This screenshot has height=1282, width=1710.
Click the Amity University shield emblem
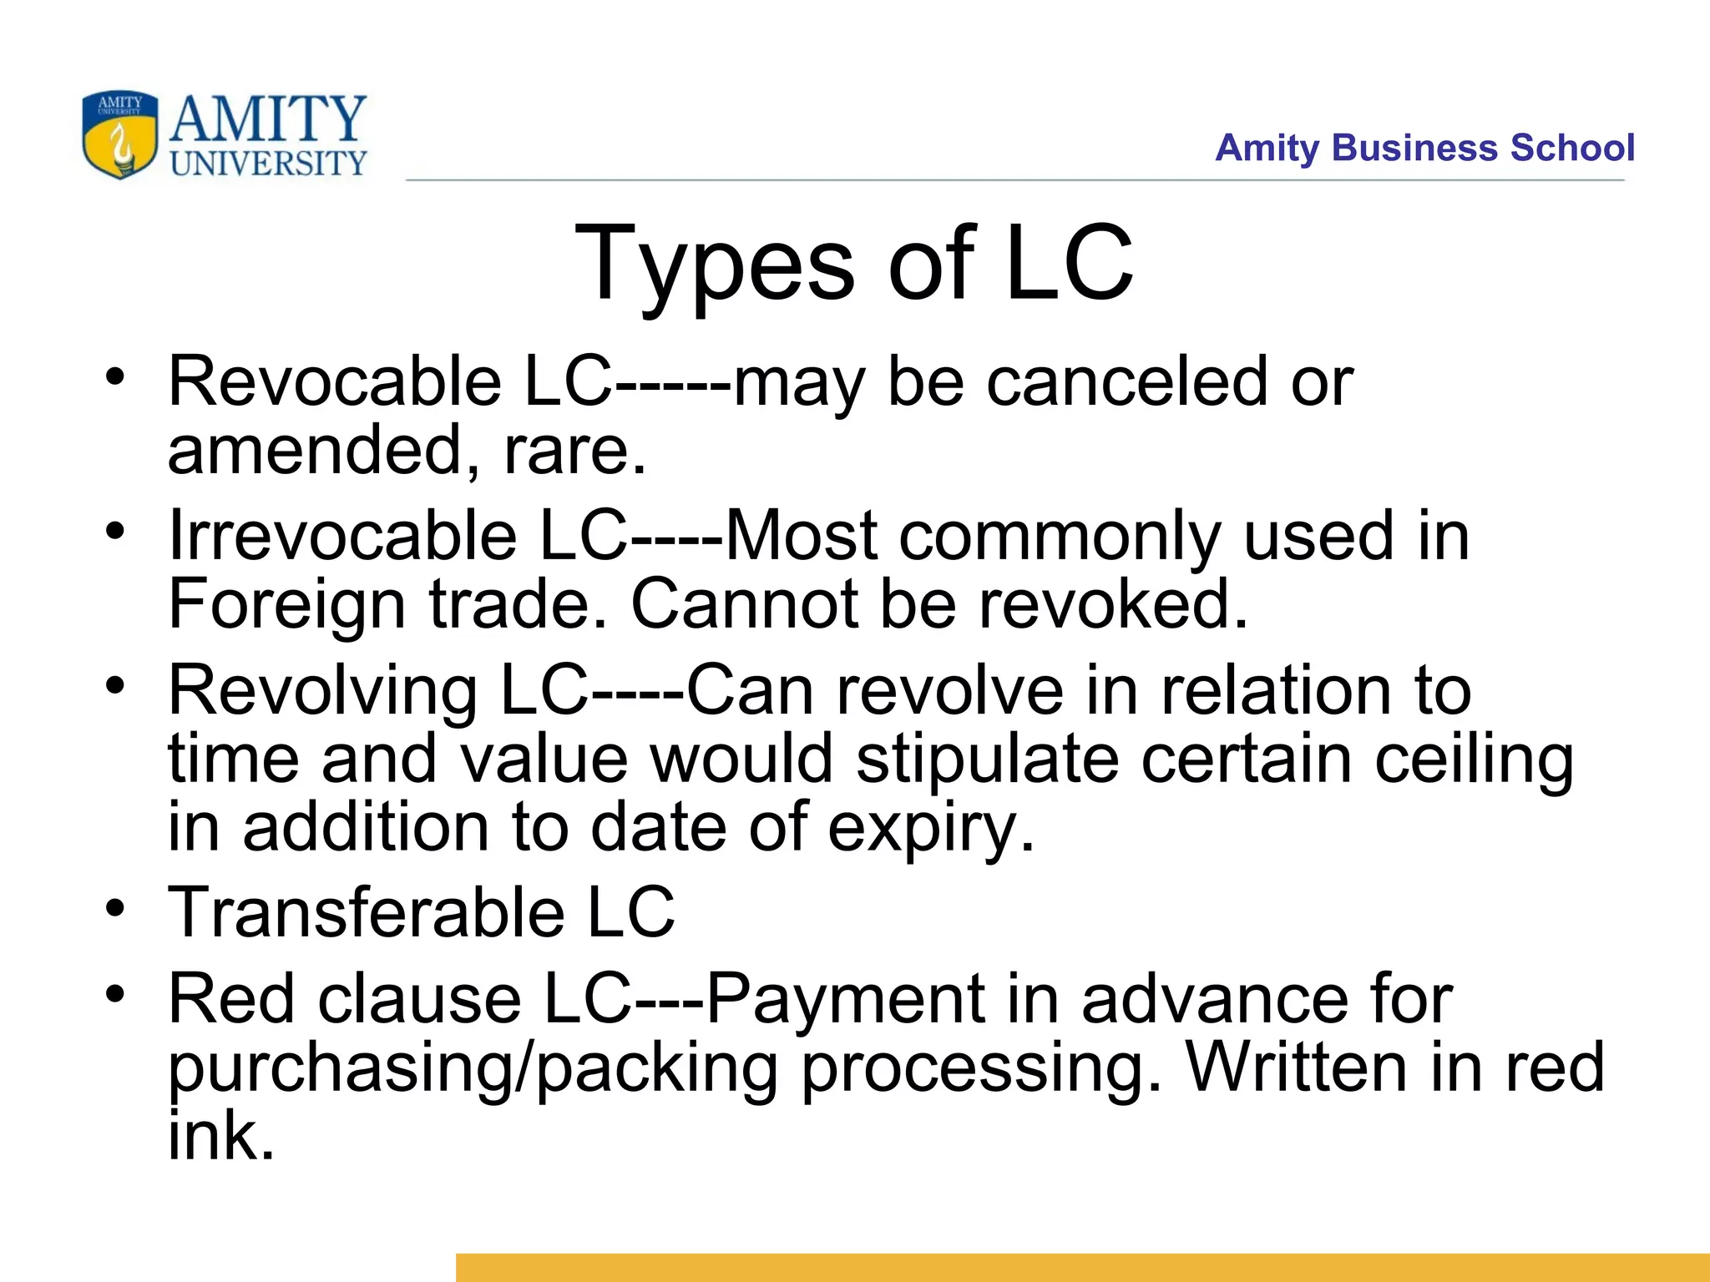coord(120,134)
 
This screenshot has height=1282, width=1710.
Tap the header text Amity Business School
coord(1424,148)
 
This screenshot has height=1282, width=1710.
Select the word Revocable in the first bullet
coord(335,381)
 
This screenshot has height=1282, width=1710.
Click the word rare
coord(574,450)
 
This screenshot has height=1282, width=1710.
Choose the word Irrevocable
coord(343,535)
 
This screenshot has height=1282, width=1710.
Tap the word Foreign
coord(286,605)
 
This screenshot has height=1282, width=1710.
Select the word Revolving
coord(322,690)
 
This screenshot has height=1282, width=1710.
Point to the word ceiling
coord(1474,760)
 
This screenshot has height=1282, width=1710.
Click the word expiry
coord(930,829)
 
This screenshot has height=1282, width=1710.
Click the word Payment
coord(845,999)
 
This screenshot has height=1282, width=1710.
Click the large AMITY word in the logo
coord(268,119)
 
